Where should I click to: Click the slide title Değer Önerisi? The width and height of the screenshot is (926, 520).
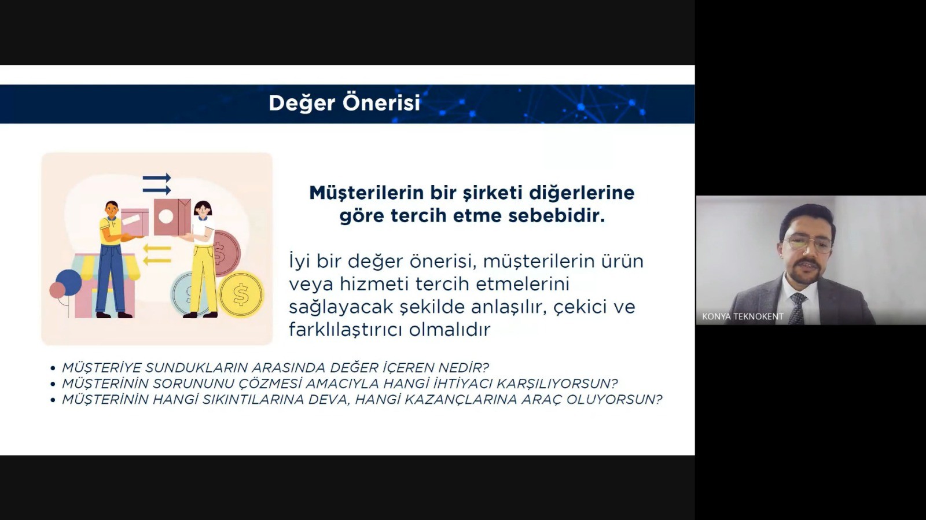tap(344, 104)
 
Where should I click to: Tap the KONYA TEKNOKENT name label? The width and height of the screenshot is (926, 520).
tap(743, 316)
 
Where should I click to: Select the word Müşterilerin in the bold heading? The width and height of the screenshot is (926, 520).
tap(367, 193)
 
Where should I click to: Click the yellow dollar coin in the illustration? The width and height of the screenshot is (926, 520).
tap(241, 294)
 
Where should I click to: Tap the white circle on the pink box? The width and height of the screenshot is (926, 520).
tap(166, 216)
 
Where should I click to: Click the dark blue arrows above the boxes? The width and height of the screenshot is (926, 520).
tap(157, 184)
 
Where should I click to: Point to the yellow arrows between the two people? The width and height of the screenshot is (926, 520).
tap(157, 255)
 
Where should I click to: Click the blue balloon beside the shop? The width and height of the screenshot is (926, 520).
tap(69, 282)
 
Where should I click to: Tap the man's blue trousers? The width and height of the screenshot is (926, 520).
tap(111, 278)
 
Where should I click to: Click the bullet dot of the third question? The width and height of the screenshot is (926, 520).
tap(53, 400)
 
